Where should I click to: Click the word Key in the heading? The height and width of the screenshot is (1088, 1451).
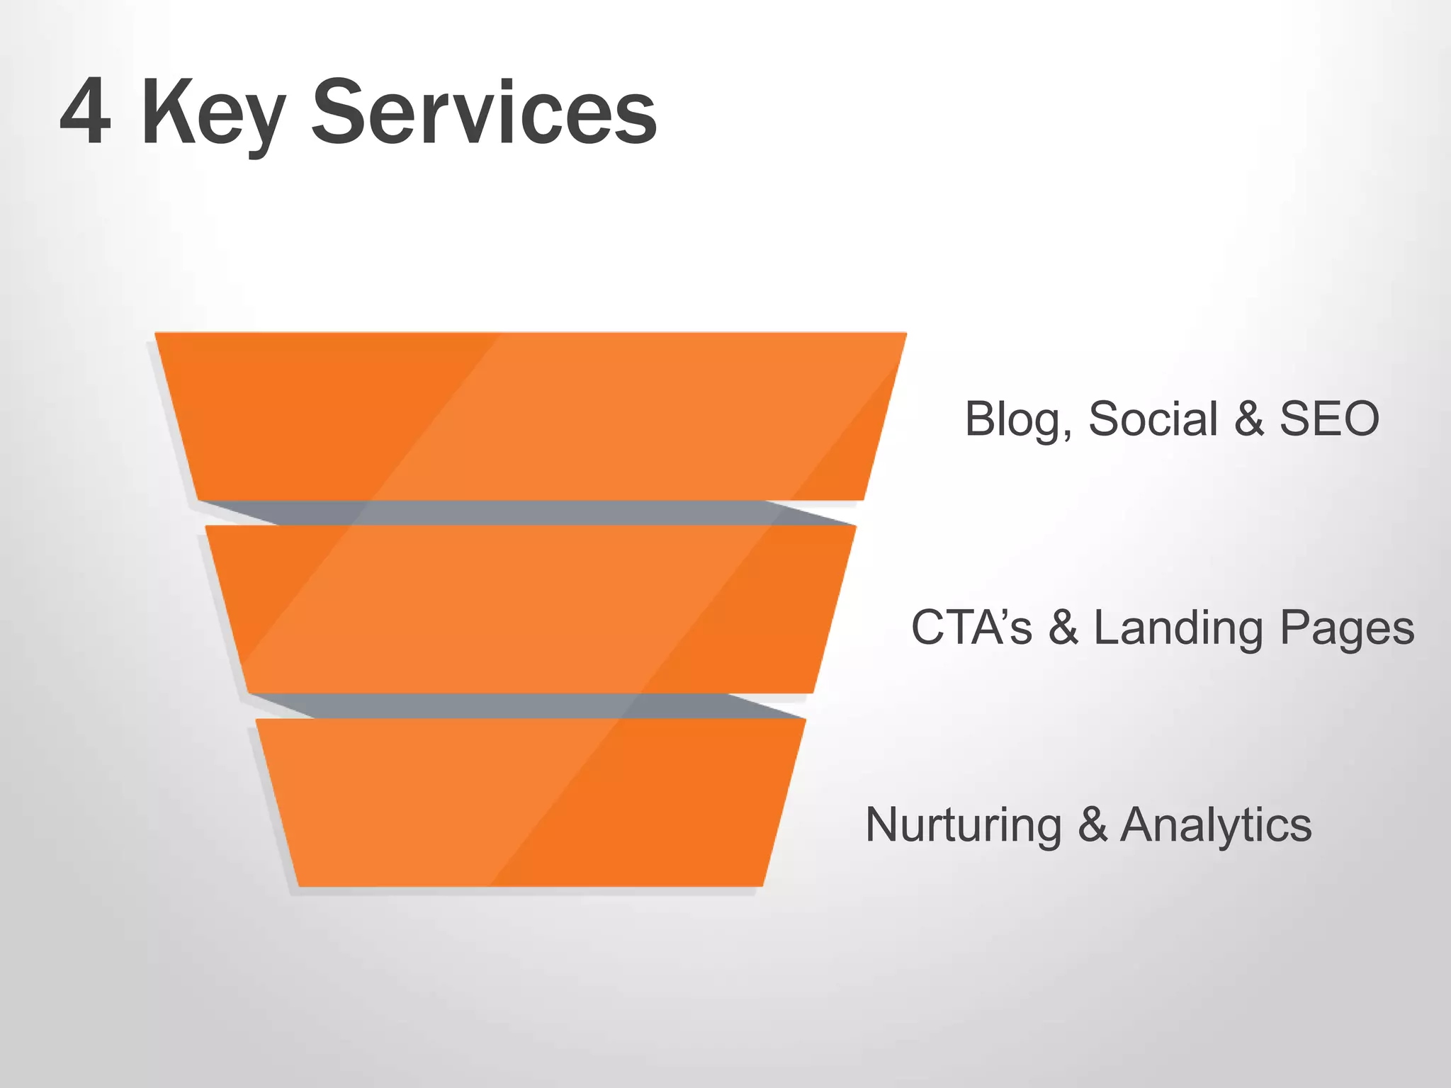213,113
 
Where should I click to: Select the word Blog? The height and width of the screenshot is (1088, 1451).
1013,419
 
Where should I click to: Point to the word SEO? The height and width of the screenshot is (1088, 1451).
1329,419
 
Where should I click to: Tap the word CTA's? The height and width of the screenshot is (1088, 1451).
971,628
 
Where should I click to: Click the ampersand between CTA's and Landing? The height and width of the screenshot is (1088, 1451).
1063,628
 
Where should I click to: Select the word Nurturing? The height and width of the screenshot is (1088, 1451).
964,825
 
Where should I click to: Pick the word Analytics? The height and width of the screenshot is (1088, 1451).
1216,825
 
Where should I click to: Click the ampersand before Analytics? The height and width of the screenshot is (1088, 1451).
1093,825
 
